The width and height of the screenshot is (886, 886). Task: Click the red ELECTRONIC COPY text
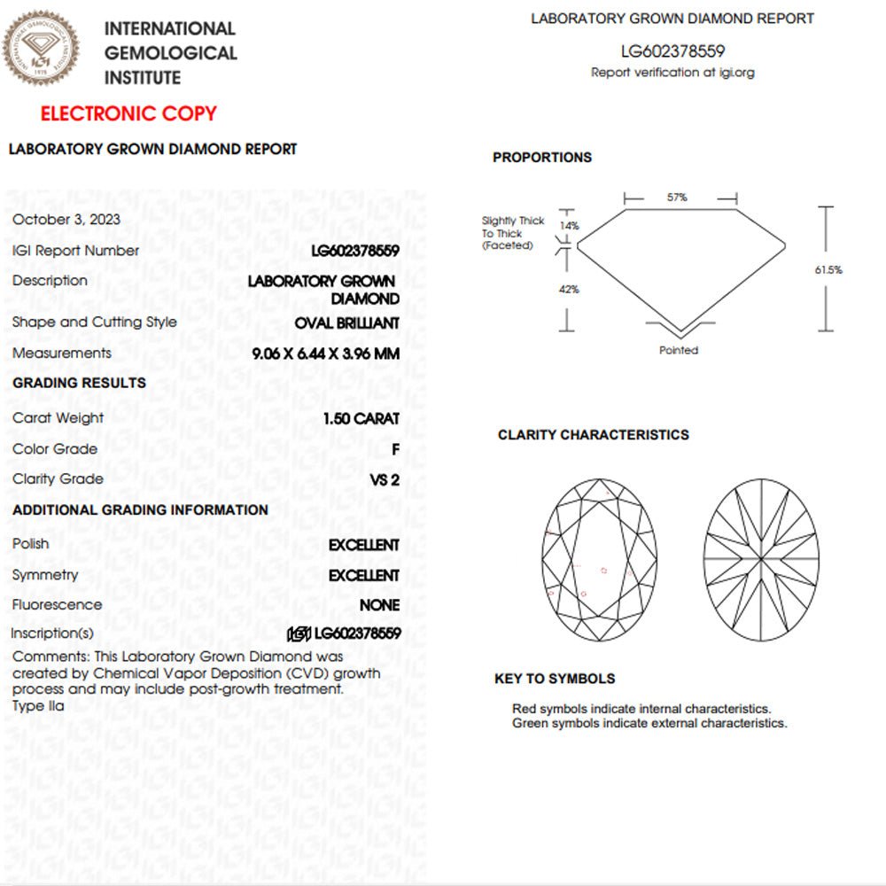click(x=128, y=113)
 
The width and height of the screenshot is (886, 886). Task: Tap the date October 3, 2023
click(x=66, y=220)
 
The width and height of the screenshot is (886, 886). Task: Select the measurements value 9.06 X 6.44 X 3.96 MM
click(x=325, y=354)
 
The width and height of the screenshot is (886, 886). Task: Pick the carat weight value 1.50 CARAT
click(x=361, y=418)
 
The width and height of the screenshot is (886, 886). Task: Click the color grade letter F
click(x=395, y=449)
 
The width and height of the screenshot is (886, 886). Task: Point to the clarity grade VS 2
click(x=385, y=479)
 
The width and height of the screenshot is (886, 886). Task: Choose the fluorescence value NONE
click(x=379, y=605)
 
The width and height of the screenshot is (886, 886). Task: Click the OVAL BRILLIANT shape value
click(x=346, y=323)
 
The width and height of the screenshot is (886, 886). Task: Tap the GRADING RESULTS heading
click(x=80, y=383)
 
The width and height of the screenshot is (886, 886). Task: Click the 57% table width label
click(x=677, y=198)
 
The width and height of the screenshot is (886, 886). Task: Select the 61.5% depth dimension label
click(x=828, y=270)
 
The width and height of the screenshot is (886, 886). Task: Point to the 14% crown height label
click(x=570, y=226)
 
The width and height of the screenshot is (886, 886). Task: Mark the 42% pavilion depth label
click(x=570, y=290)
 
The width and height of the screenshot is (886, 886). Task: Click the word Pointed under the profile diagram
click(x=679, y=350)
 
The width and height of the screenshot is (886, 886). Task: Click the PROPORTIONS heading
click(x=542, y=158)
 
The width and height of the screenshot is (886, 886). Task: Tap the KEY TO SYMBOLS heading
click(x=555, y=679)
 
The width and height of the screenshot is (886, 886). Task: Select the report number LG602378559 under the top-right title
click(x=672, y=52)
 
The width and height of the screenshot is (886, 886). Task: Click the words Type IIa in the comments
click(x=38, y=706)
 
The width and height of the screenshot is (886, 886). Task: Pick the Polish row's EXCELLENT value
click(x=363, y=545)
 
